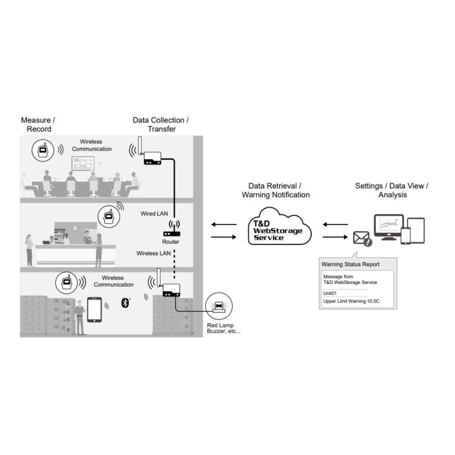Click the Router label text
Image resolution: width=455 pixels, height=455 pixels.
[171, 242]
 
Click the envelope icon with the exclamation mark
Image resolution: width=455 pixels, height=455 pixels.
[362, 238]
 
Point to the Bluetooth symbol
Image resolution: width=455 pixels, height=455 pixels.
[126, 303]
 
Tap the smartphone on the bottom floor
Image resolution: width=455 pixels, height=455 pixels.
[94, 309]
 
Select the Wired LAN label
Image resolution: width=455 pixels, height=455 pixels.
[154, 213]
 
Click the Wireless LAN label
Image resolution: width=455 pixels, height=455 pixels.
[153, 253]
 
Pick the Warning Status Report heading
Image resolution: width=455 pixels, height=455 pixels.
[350, 264]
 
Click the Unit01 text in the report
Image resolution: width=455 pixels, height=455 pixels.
[330, 293]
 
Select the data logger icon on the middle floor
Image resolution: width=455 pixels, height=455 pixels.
[109, 215]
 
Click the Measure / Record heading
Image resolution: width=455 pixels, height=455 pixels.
[38, 125]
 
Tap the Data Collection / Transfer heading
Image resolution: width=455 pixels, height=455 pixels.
[161, 125]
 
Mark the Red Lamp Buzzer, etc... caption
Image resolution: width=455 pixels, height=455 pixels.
[224, 328]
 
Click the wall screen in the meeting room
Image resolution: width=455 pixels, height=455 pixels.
[83, 163]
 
